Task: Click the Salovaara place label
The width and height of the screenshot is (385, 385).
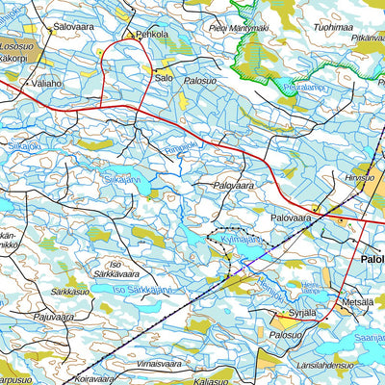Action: coord(75,28)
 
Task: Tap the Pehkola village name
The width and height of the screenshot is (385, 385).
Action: coord(151,35)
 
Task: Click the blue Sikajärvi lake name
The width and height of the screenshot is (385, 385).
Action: coord(122,178)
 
